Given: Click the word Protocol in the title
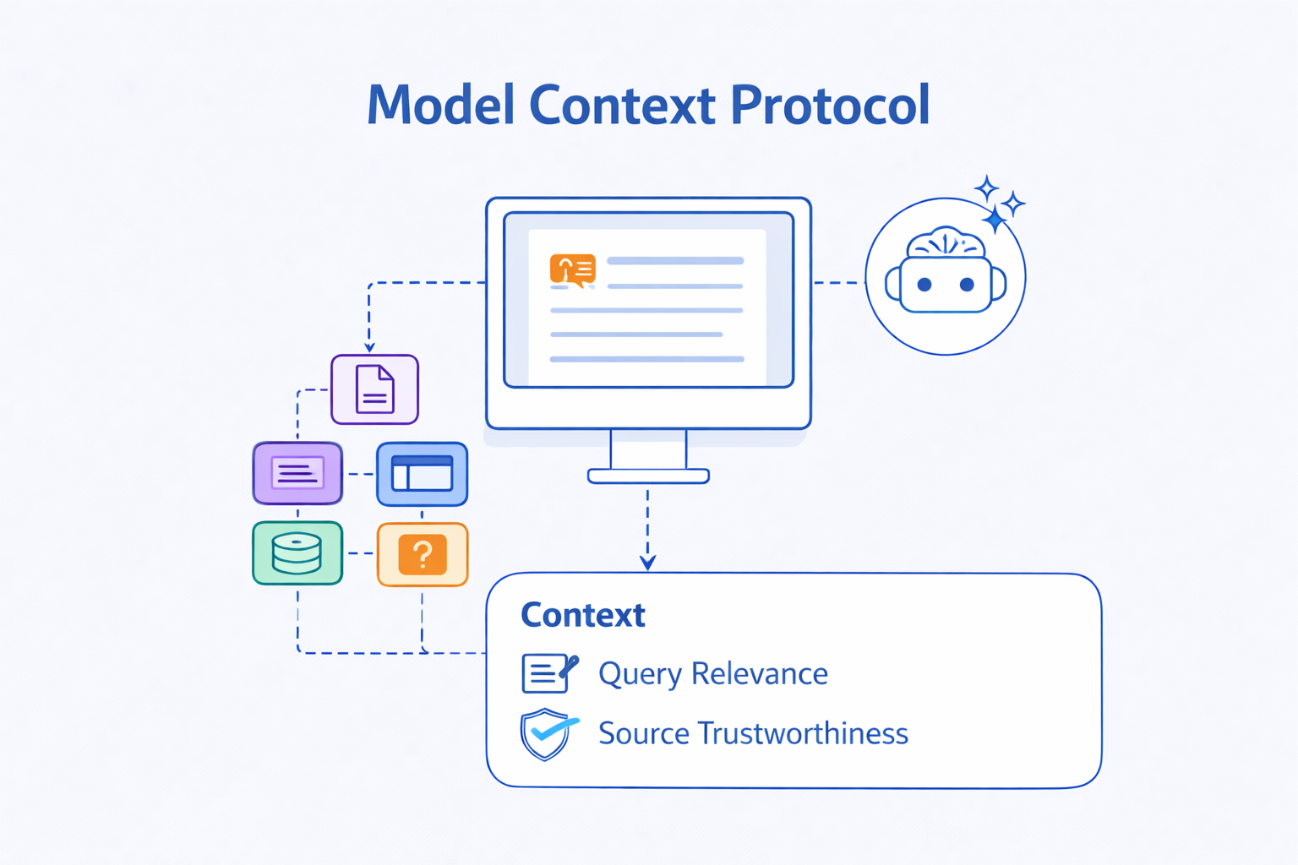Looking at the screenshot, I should coord(829,106).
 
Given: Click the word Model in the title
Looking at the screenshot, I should coord(440,106).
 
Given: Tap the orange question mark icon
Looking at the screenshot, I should coord(423,554).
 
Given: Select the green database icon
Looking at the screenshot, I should coord(297,553).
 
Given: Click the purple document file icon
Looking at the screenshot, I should coord(374,389).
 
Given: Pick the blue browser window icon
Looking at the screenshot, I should coord(422,474).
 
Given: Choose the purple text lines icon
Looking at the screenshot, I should coord(297,473).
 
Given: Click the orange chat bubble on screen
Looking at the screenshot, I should coord(572,269).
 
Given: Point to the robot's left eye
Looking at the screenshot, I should coord(924,285).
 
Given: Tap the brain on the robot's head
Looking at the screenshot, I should coord(946,243).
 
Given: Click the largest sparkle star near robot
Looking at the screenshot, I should coord(995,220).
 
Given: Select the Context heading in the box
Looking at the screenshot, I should coord(582,615).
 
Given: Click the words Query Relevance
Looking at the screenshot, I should coord(712,674).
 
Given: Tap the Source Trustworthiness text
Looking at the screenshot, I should coord(752,733).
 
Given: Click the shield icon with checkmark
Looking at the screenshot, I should coord(548,733).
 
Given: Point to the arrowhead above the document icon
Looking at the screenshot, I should coord(369,346).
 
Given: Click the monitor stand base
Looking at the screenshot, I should coord(648,476).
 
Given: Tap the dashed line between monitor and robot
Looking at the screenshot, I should coord(837,283).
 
